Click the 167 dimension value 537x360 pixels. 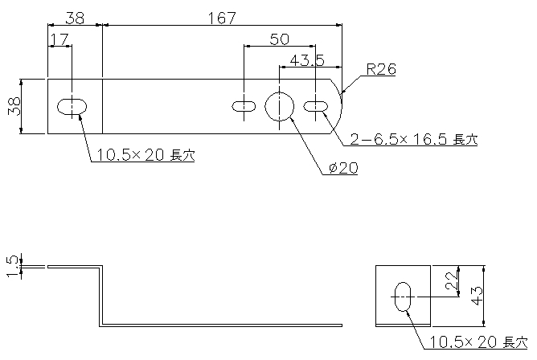pyautogui.click(x=222, y=18)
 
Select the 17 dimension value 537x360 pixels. pyautogui.click(x=59, y=39)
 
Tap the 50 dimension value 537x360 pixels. pyautogui.click(x=279, y=39)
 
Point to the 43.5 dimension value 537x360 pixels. pyautogui.click(x=307, y=61)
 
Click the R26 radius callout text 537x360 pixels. pyautogui.click(x=381, y=69)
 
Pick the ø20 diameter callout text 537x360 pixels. pyautogui.click(x=343, y=168)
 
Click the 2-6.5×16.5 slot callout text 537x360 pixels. pyautogui.click(x=414, y=139)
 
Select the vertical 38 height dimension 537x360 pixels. pyautogui.click(x=14, y=106)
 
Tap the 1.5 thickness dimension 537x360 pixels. pyautogui.click(x=14, y=267)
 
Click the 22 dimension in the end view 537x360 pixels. pyautogui.click(x=452, y=280)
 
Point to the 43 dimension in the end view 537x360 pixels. pyautogui.click(x=477, y=296)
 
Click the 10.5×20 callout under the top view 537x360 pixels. pyautogui.click(x=146, y=155)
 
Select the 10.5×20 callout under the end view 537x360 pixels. pyautogui.click(x=478, y=342)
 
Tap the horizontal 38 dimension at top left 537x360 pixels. pyautogui.click(x=75, y=18)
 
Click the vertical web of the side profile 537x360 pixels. pyautogui.click(x=101, y=296)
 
